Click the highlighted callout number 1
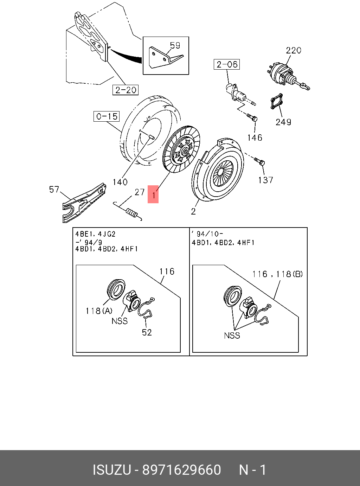[153, 194]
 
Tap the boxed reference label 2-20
[126, 90]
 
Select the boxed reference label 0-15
[107, 116]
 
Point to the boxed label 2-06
[227, 64]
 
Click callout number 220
[293, 50]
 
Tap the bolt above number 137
[261, 162]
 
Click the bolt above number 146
[252, 117]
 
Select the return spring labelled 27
[130, 211]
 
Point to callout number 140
[120, 182]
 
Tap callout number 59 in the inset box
[175, 45]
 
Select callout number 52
[147, 332]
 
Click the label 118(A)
[99, 311]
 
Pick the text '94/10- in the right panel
[208, 234]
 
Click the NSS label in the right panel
[232, 335]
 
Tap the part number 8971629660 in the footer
[181, 470]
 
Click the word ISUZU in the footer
[112, 470]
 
